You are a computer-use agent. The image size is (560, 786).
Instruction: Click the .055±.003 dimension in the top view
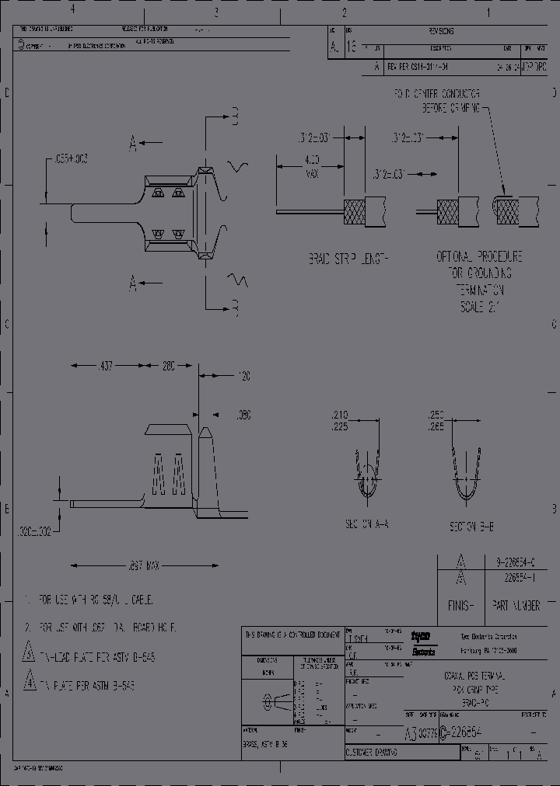[x=71, y=158]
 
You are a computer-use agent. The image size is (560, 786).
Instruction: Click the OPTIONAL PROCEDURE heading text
[x=479, y=257]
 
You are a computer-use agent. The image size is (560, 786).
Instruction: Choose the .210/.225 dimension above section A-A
[x=341, y=420]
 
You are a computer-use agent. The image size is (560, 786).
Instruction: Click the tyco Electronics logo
[x=423, y=642]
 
